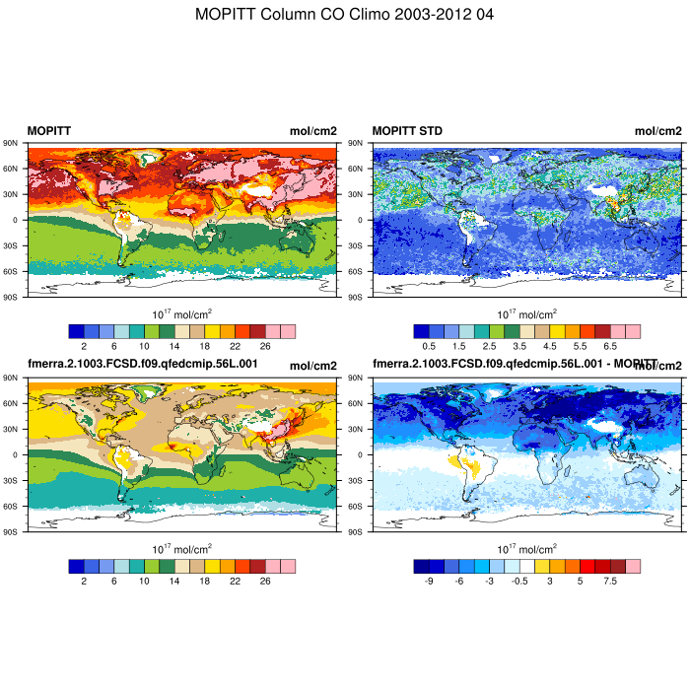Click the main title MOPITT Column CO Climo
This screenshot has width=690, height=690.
tap(345, 15)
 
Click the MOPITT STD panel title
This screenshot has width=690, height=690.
tap(407, 130)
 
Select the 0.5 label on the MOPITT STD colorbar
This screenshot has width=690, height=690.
tap(429, 346)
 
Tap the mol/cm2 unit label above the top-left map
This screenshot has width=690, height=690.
tap(312, 130)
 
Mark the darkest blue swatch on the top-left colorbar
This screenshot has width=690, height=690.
tap(76, 331)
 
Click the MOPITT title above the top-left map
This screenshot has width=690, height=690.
tap(48, 130)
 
